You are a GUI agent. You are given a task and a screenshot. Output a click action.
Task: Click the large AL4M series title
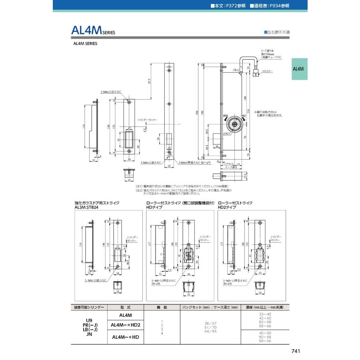coord(93,31)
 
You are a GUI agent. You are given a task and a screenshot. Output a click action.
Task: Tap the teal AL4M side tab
coord(298,69)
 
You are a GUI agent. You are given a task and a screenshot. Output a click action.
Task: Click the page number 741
coord(296,351)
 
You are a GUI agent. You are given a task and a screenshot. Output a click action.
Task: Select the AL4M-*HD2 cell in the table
coord(126,325)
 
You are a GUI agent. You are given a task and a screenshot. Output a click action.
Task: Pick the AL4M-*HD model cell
coord(125,337)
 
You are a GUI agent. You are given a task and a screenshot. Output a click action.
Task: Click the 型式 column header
coord(125,308)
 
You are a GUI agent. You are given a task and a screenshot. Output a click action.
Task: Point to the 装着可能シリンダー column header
coord(89,308)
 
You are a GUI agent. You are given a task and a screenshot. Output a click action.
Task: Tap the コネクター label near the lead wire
coord(267,71)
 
